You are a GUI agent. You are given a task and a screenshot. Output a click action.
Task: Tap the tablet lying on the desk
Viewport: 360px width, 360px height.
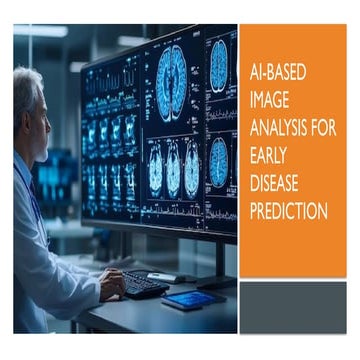coord(193,299)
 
